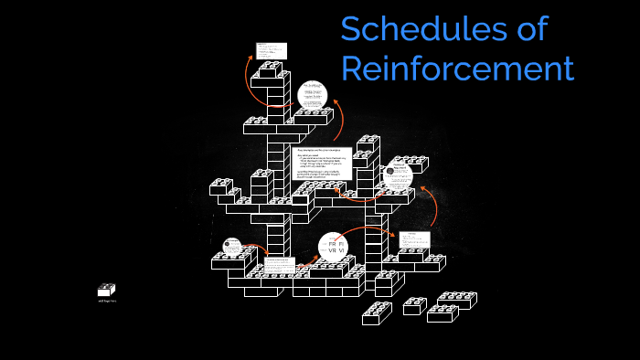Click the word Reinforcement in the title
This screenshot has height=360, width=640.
click(457, 69)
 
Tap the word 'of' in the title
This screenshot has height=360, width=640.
click(527, 29)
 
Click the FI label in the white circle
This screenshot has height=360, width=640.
click(341, 245)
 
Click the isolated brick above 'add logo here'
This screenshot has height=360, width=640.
click(106, 290)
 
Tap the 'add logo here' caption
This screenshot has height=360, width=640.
click(106, 301)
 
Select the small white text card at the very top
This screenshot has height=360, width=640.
click(272, 50)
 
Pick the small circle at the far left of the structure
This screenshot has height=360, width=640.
click(232, 248)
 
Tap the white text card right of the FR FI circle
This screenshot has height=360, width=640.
click(413, 240)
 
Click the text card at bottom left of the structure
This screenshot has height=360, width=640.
click(279, 267)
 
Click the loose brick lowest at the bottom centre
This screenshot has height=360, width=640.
click(376, 313)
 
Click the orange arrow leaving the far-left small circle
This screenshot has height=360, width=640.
click(257, 247)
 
